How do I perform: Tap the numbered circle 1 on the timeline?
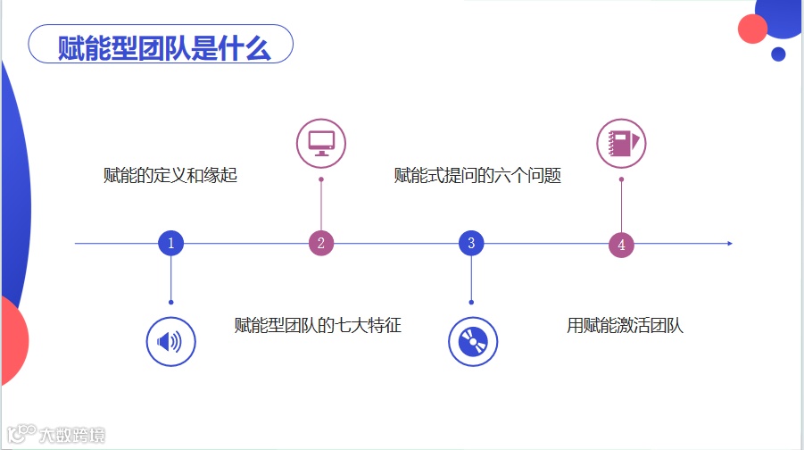point(170,243)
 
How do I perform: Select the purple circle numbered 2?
point(320,243)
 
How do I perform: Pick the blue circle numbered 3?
point(471,243)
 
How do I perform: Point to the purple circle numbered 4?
point(621,245)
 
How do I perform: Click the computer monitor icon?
point(320,143)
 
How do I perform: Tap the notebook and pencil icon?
point(621,143)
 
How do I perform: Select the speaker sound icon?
point(170,342)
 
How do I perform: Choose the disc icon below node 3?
point(472,342)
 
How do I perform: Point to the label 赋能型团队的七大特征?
point(318,326)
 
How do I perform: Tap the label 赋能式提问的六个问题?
point(477,176)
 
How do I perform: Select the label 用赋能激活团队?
point(625,326)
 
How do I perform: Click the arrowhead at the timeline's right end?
point(730,243)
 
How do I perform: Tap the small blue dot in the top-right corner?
point(778,54)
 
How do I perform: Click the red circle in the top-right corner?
point(753,29)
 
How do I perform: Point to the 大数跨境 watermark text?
point(72,436)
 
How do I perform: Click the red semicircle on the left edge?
point(12,339)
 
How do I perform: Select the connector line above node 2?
point(320,205)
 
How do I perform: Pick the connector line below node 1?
point(170,279)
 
